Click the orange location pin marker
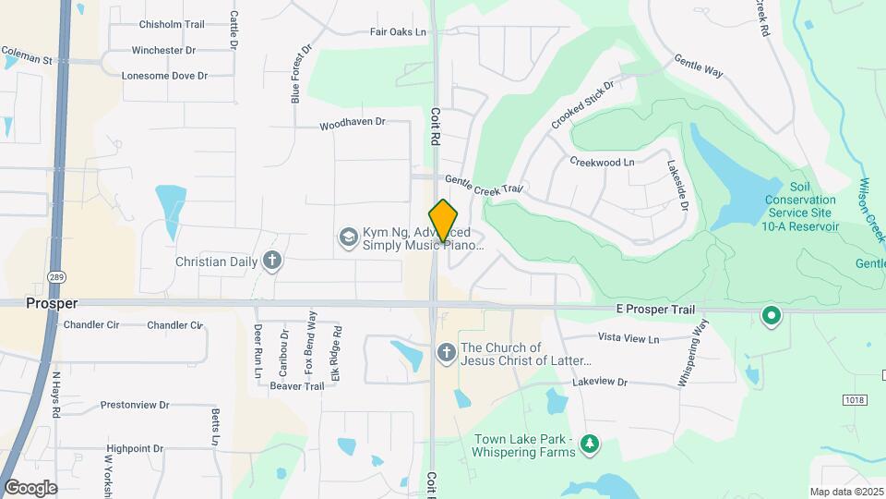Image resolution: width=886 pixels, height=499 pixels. pos(444,221)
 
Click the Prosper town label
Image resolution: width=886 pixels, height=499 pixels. pos(52,303)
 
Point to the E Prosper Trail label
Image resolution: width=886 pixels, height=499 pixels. pos(655,310)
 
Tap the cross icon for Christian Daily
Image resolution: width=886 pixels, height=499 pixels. pos(271,262)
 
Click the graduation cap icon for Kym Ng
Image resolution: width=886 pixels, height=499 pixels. pos(348,237)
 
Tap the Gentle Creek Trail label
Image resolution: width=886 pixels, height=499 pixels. pos(484,185)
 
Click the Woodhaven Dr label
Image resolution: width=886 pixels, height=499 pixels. pos(352,123)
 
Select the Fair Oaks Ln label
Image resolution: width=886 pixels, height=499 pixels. pos(398,32)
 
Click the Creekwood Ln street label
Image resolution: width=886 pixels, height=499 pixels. pos(602,162)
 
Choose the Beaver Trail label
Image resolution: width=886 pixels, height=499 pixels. pos(296,385)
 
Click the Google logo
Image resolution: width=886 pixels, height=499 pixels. pos(30,487)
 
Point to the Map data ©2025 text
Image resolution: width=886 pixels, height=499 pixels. pos(845,492)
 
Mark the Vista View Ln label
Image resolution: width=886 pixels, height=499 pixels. pos(629,339)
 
